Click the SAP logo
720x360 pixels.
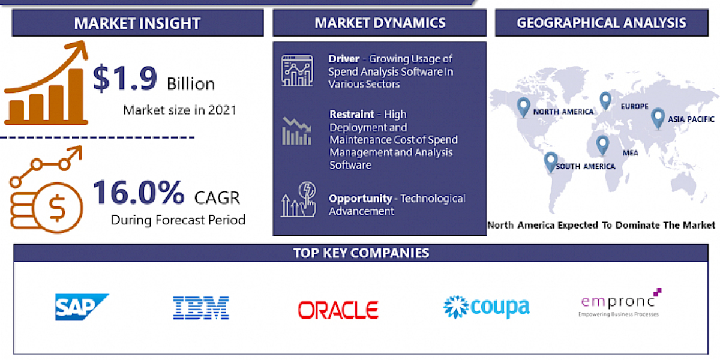coord(81,307)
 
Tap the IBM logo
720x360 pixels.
coord(200,307)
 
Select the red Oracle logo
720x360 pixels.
coord(338,310)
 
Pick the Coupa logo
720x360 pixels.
coord(486,307)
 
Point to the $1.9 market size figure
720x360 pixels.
coord(126,80)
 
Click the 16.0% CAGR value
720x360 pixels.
coord(139,193)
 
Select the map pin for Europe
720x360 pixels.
coord(605,101)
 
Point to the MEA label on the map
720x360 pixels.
coord(630,153)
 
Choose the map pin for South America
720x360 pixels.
coord(550,162)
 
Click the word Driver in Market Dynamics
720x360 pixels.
coord(344,59)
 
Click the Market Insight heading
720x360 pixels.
coord(137,23)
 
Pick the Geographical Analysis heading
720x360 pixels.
coord(601,23)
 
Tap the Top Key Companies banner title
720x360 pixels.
coord(361,253)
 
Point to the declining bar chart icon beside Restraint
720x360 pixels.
coord(297,131)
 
